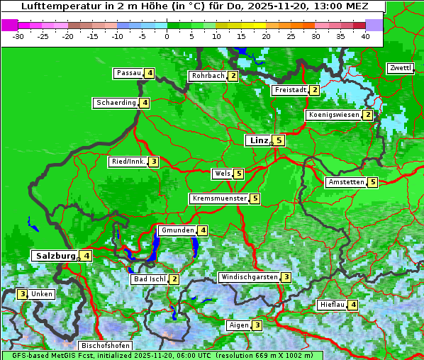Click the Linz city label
click(258, 140)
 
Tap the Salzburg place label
click(55, 255)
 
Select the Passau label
click(129, 73)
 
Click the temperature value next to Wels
click(239, 174)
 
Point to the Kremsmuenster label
click(219, 198)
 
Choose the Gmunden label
click(177, 230)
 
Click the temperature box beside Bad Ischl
click(174, 279)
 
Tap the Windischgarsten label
click(248, 277)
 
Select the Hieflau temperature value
click(353, 305)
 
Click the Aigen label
click(239, 325)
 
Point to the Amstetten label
click(346, 182)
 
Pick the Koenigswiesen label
click(333, 115)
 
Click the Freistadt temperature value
click(314, 90)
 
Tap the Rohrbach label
click(208, 76)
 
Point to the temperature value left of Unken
click(23, 294)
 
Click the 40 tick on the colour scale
click(365, 36)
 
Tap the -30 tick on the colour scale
click(18, 36)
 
